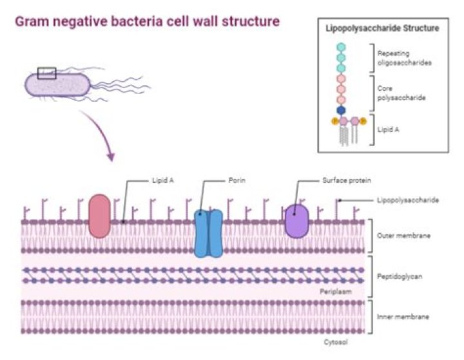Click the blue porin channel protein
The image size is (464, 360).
click(x=208, y=233)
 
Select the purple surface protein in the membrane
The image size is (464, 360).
click(x=297, y=221)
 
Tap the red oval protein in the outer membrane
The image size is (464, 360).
click(x=99, y=216)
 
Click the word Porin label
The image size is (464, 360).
click(x=237, y=180)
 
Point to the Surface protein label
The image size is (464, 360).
click(x=347, y=180)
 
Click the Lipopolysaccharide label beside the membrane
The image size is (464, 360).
click(x=408, y=200)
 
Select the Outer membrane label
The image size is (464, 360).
click(x=403, y=236)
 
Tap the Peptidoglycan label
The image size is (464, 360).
click(x=400, y=276)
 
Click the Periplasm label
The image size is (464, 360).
click(x=336, y=292)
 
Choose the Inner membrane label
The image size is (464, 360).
click(x=403, y=317)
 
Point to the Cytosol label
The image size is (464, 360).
click(x=336, y=342)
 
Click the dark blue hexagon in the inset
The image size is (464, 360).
click(x=341, y=110)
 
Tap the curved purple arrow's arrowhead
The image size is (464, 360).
click(x=111, y=156)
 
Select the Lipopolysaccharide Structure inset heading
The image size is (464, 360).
click(x=382, y=28)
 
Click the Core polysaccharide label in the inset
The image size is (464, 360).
click(x=401, y=93)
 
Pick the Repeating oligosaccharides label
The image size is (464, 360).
click(x=404, y=58)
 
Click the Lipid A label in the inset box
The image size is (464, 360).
click(x=388, y=129)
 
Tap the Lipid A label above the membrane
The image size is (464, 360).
click(x=163, y=180)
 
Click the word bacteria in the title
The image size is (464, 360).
click(x=135, y=22)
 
